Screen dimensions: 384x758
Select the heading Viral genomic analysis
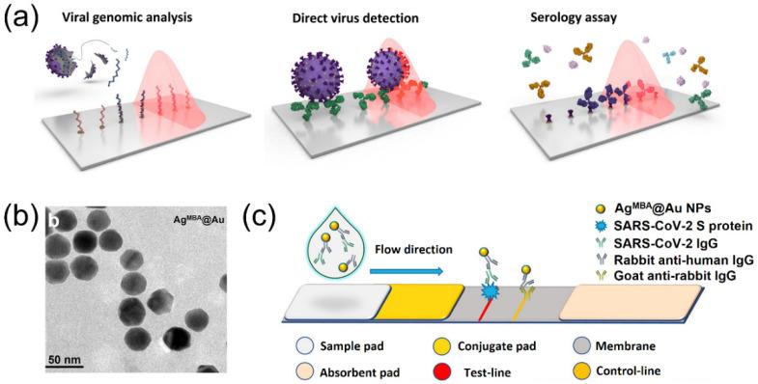point(118,17)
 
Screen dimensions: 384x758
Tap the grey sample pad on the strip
point(329,303)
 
